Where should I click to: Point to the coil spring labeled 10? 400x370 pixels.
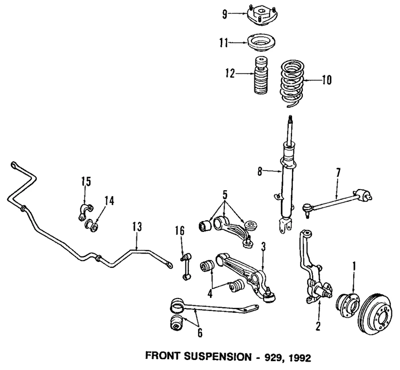[292, 83]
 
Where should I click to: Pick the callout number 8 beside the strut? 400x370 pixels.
[260, 171]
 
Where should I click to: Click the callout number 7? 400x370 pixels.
[338, 171]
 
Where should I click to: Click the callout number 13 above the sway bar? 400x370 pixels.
[137, 228]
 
